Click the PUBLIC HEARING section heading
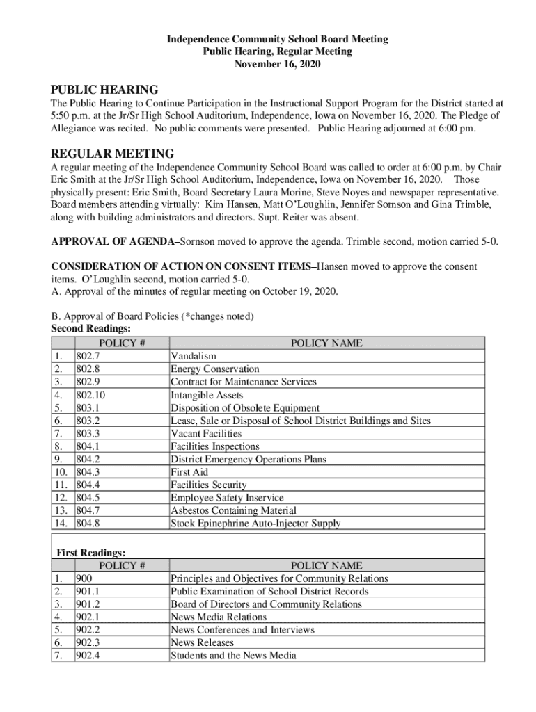[104, 90]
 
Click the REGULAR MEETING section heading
[112, 153]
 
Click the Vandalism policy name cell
[194, 357]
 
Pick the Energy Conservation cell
[214, 369]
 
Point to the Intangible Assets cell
[207, 395]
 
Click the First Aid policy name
[189, 472]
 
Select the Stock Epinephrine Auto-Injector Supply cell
[255, 524]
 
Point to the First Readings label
[90, 553]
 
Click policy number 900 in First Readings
[84, 578]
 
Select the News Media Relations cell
[219, 617]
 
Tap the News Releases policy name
[202, 642]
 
